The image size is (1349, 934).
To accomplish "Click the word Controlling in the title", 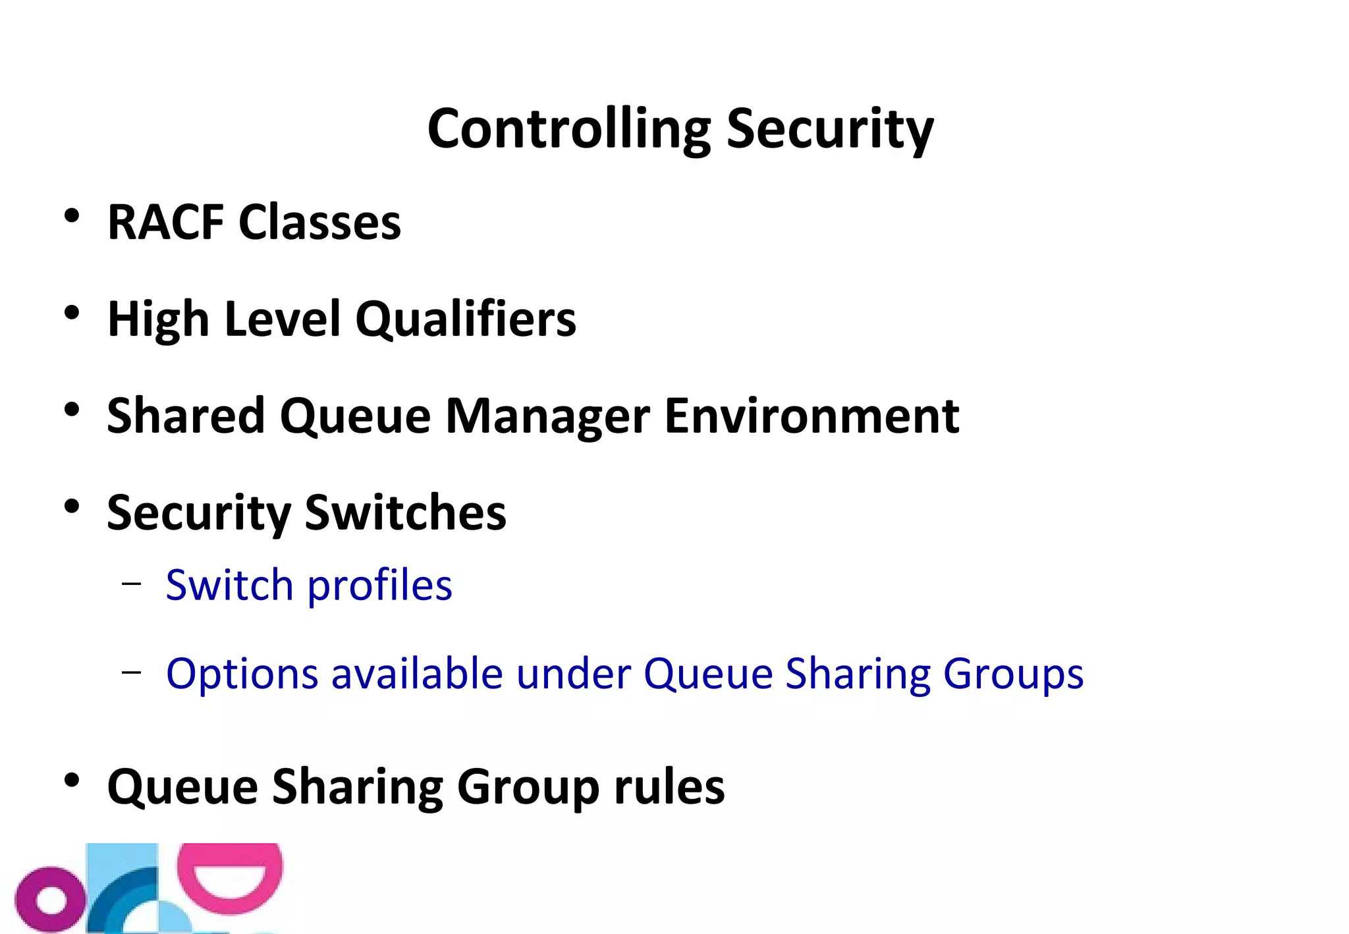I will [569, 128].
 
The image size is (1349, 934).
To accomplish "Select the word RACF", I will [166, 222].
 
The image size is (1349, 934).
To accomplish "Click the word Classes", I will [319, 222].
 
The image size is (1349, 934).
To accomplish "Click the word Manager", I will [547, 416].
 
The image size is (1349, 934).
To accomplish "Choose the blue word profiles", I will [380, 586].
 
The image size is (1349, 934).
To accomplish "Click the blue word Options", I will [242, 674].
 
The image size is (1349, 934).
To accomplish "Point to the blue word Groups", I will [1013, 674].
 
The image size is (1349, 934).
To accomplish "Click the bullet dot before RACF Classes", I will [72, 215].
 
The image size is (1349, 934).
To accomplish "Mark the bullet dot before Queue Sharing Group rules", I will [72, 781].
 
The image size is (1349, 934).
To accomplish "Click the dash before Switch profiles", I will [132, 583].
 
